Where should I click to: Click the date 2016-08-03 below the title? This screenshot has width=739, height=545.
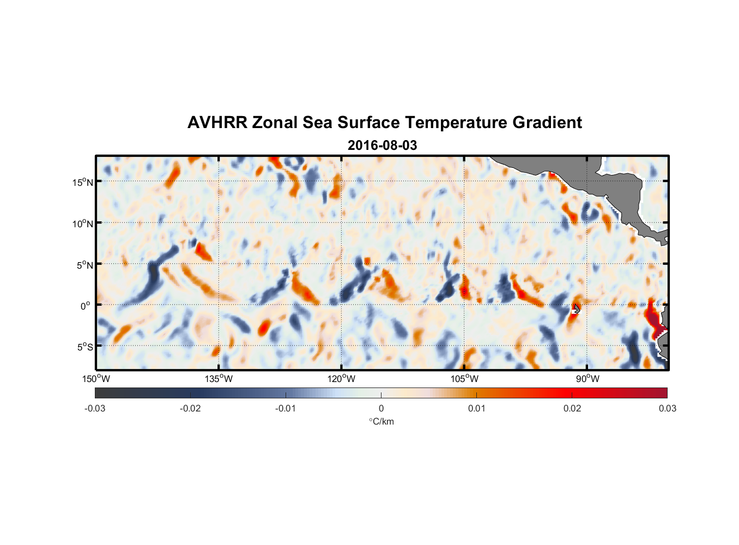click(382, 146)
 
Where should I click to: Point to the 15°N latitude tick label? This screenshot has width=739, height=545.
click(82, 182)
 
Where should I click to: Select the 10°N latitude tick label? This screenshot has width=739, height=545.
click(82, 223)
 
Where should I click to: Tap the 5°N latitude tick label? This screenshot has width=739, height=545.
click(84, 265)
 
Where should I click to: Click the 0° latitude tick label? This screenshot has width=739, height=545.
click(86, 306)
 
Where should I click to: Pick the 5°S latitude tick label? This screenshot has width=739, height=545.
click(84, 347)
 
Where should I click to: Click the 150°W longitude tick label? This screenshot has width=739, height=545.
click(96, 379)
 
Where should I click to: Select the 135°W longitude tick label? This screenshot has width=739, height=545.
click(219, 379)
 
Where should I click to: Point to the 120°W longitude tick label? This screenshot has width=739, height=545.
click(342, 379)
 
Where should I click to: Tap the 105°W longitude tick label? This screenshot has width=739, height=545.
click(464, 379)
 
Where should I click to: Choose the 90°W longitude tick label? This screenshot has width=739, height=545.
click(587, 379)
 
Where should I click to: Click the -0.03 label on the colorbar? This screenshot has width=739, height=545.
click(95, 408)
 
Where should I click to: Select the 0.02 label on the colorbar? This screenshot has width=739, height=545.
click(572, 408)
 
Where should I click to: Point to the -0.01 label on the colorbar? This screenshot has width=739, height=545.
click(286, 408)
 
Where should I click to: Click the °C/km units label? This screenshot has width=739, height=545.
click(381, 421)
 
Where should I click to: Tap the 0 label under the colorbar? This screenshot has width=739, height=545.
click(381, 408)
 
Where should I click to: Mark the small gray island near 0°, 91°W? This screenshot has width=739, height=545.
click(577, 308)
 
